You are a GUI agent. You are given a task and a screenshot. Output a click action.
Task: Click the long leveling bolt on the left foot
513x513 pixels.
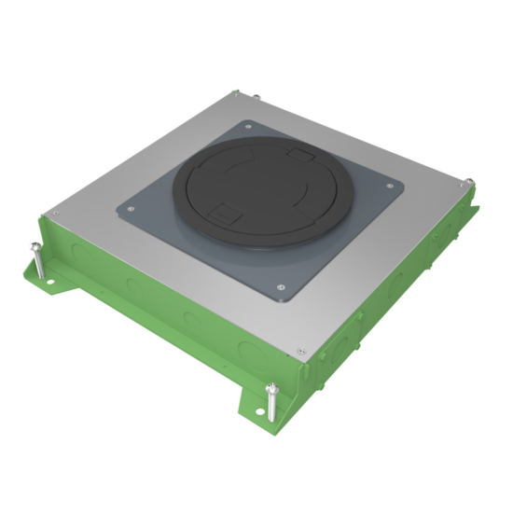36,256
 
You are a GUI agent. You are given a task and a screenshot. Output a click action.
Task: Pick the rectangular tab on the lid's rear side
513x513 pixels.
300,151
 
